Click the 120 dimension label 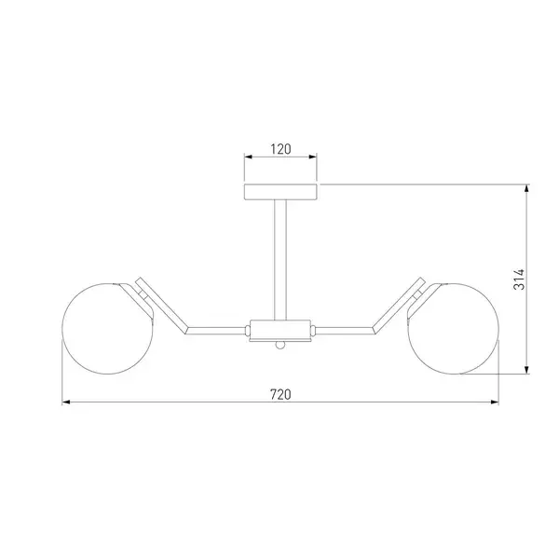280,149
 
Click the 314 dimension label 519,279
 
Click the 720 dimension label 280,395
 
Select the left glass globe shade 108,329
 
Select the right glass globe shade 454,329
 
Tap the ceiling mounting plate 280,192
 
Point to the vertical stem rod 280,260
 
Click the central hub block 280,330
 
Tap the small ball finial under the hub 280,345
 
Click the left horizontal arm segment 217,331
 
